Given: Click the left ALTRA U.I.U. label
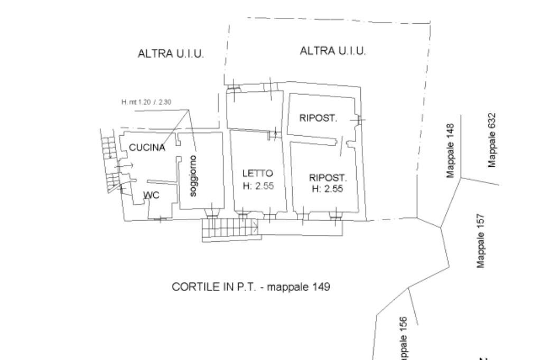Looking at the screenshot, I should pyautogui.click(x=171, y=54).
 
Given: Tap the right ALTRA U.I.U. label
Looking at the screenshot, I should pyautogui.click(x=333, y=51).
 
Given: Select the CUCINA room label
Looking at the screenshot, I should pyautogui.click(x=147, y=148).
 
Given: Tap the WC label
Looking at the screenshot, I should pyautogui.click(x=151, y=196).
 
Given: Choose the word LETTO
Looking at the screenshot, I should pyautogui.click(x=257, y=173).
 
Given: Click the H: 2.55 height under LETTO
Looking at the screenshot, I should pyautogui.click(x=258, y=185).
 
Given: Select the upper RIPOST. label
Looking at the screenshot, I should pyautogui.click(x=318, y=118).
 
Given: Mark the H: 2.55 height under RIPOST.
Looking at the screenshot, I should pyautogui.click(x=328, y=189).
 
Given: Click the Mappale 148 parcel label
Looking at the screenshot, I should pyautogui.click(x=450, y=151).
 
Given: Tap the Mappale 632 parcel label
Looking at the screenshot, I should pyautogui.click(x=492, y=141).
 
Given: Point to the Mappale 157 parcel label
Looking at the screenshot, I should pyautogui.click(x=480, y=241).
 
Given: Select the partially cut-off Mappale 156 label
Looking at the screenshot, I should pyautogui.click(x=403, y=338).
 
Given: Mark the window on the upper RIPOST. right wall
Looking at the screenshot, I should pyautogui.click(x=359, y=120).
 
